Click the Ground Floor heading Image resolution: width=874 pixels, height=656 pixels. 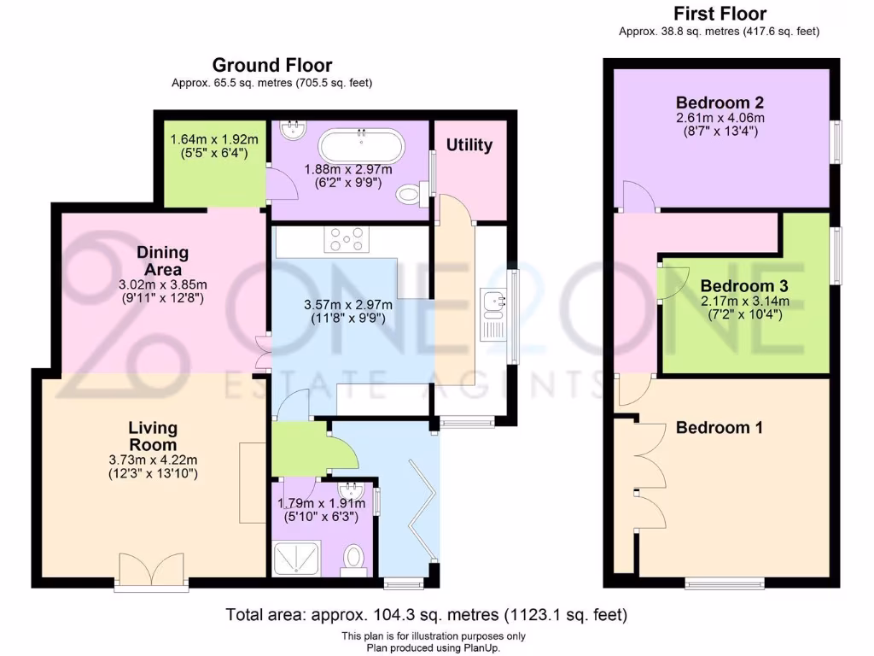(x=271, y=65)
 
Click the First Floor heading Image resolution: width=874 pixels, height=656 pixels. (x=720, y=14)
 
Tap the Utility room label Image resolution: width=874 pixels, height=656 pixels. (x=469, y=145)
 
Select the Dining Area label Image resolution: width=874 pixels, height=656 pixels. (x=162, y=261)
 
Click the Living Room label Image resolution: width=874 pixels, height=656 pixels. (x=153, y=436)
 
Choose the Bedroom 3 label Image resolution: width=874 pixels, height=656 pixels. (x=744, y=285)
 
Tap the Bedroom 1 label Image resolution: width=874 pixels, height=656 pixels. (x=719, y=427)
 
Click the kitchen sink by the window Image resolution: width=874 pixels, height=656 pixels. (x=494, y=302)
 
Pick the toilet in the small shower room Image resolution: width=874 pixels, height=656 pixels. (x=354, y=559)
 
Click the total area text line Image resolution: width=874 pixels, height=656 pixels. (x=426, y=614)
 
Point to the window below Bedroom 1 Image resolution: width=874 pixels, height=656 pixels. (x=725, y=583)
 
